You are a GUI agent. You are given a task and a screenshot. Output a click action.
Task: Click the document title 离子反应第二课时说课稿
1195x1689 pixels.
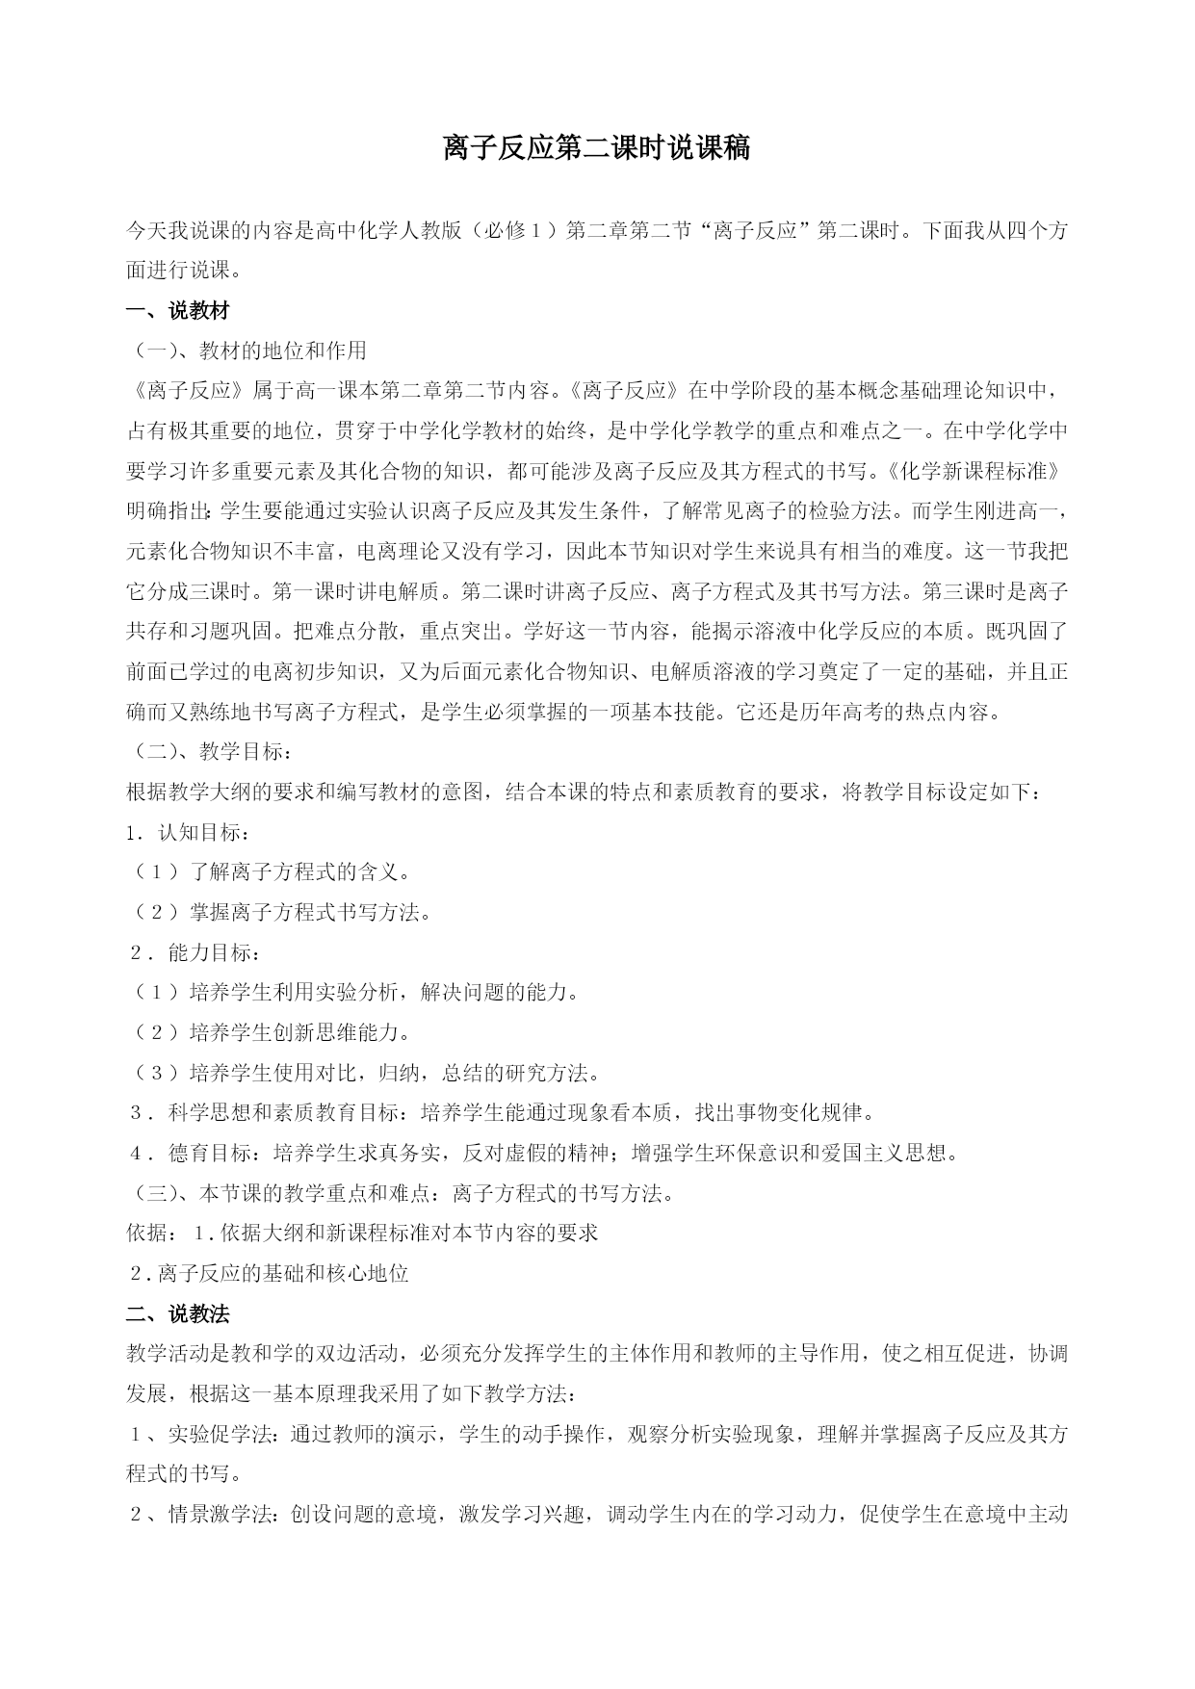click(596, 148)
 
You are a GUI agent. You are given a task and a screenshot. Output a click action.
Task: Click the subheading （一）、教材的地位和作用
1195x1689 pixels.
click(248, 351)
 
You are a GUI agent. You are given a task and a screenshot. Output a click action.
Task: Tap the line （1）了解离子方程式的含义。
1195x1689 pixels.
click(273, 872)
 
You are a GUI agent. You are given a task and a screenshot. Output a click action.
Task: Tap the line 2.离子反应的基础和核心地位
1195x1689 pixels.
click(269, 1274)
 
